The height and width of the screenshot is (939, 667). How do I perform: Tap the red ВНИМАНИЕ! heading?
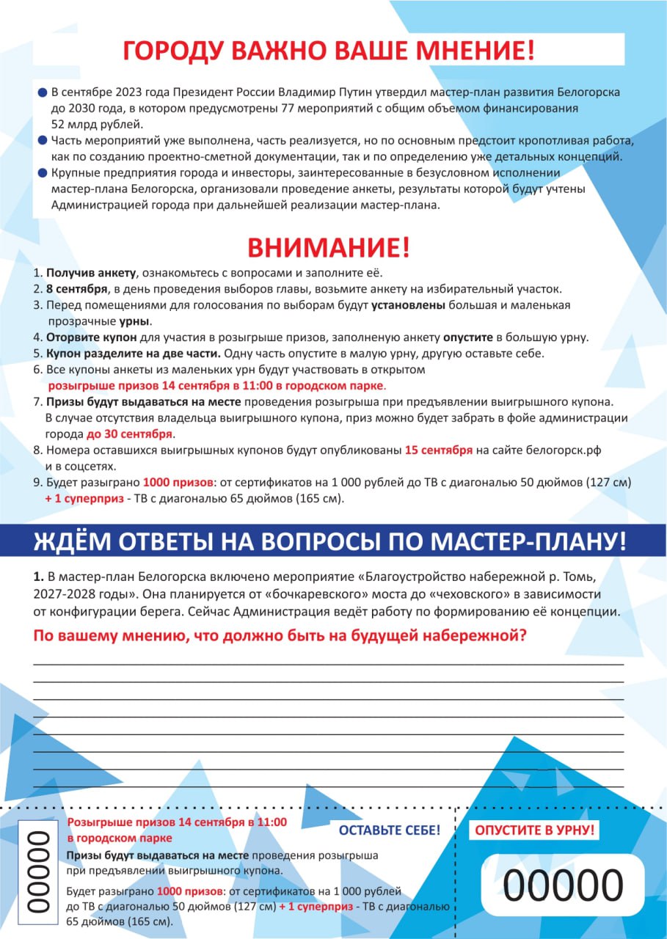coord(328,248)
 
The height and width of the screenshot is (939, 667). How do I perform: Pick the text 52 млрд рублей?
coord(92,123)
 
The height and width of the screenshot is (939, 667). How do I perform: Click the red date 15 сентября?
coord(438,450)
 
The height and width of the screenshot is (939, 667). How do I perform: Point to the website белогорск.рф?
coord(559,450)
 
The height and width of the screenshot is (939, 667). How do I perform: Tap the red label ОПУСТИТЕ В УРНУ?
coord(536,830)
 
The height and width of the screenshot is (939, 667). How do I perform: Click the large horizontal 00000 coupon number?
coord(563,884)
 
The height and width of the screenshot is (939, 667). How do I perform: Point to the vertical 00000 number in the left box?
coord(37,871)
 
